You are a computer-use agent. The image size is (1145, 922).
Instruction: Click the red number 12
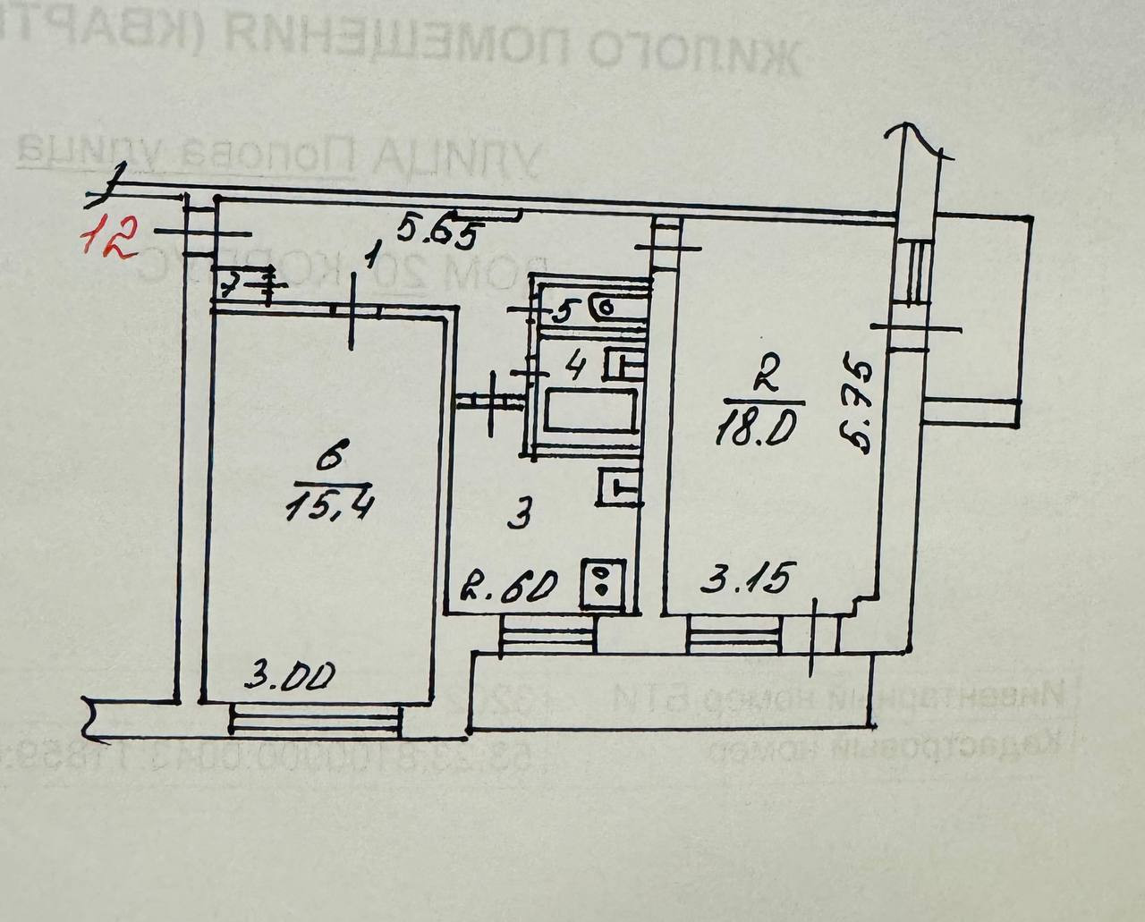coord(108,237)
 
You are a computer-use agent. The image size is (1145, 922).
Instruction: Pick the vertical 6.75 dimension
coord(857,405)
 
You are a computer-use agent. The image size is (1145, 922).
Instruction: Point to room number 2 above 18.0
coord(762,378)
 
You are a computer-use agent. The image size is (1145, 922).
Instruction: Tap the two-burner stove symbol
coord(601,579)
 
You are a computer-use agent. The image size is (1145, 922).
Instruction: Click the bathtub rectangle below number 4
coord(591,412)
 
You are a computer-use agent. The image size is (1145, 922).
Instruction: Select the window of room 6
coord(314,718)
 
